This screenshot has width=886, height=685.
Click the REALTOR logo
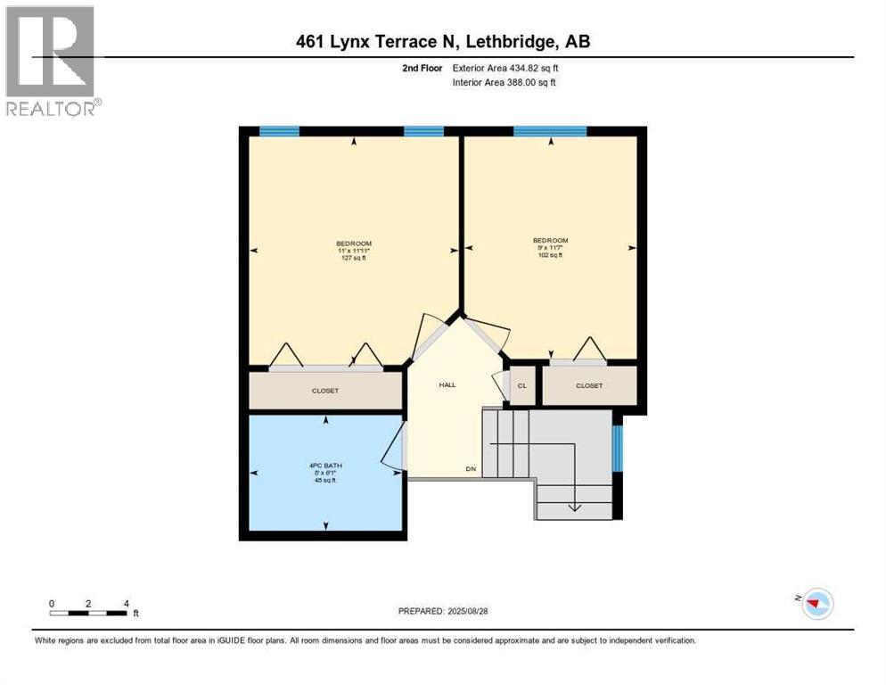pos(51,60)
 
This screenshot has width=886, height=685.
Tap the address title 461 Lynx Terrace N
pos(442,41)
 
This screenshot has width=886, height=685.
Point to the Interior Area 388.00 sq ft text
pos(505,83)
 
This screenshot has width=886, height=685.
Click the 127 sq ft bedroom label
pos(354,251)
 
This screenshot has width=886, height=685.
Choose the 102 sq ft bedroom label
pos(550,247)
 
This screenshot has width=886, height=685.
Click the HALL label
pos(447,384)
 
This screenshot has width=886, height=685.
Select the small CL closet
pos(522,385)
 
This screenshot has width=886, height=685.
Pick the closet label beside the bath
pos(324,391)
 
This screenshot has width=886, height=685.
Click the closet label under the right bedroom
pos(589,385)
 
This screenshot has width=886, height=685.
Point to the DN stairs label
pos(470,469)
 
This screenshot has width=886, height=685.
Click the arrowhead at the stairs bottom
pos(574,508)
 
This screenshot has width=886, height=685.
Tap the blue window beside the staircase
pos(617,448)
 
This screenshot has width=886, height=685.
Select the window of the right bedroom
pos(550,131)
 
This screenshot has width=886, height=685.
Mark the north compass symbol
pos(816,604)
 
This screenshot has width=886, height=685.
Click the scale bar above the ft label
pos(88,613)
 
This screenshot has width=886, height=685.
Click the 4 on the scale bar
pos(126,603)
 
